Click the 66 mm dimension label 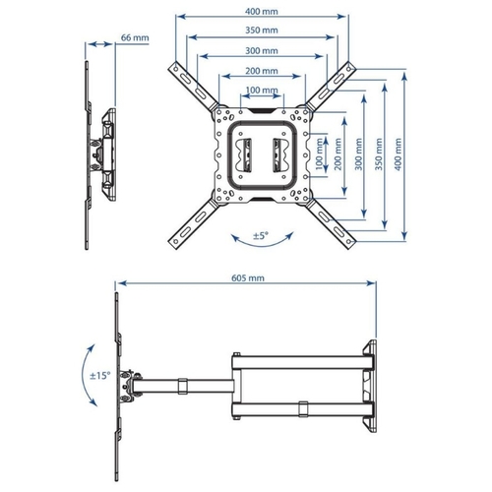tap(135, 37)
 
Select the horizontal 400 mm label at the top tap(262, 12)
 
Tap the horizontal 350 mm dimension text tap(262, 31)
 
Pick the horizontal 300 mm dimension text tap(262, 51)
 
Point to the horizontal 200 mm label tap(262, 71)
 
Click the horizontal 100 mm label tap(262, 90)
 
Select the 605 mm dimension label tap(248, 278)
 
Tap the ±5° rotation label tap(261, 235)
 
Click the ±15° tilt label tap(100, 376)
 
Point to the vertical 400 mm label tap(398, 154)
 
